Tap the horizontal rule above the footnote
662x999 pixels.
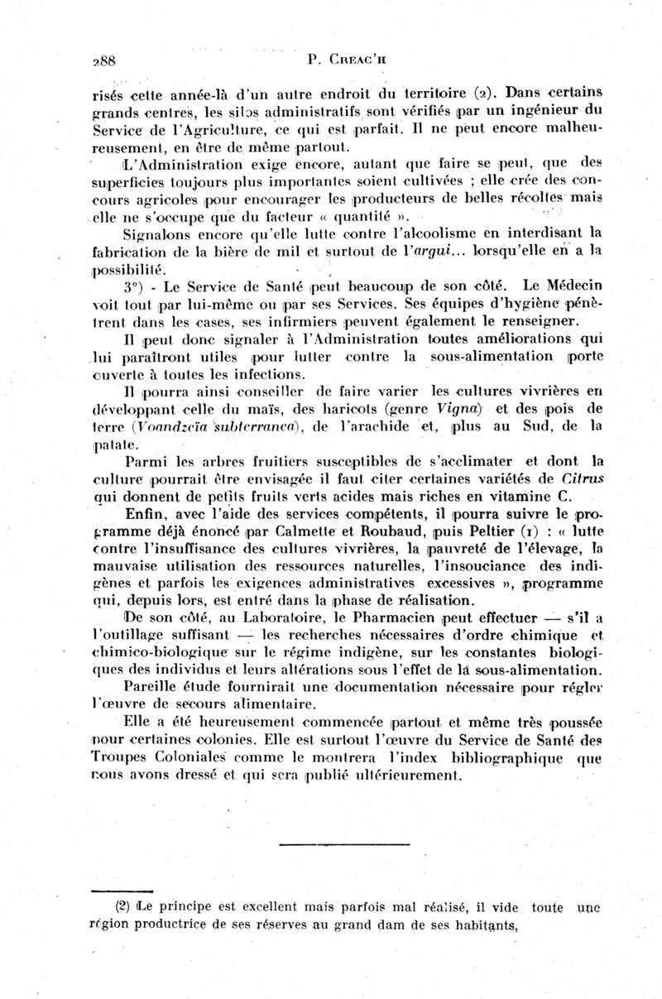point(344,843)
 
